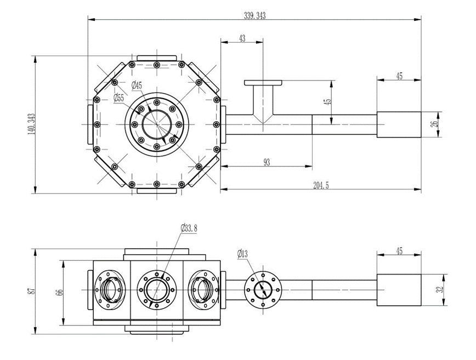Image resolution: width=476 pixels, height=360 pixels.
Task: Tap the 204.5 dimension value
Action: [320, 185]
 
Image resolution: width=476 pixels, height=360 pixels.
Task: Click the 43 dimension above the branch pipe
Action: [242, 38]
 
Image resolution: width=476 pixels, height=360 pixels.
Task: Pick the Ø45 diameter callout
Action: [137, 85]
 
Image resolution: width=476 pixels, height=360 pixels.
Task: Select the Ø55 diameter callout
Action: [119, 98]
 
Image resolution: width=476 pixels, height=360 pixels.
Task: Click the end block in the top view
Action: [399, 124]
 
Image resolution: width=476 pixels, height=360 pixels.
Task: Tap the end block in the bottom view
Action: [399, 289]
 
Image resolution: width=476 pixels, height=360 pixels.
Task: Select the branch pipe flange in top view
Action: [263, 83]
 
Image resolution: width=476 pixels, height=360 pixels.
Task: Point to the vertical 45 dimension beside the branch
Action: [328, 102]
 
